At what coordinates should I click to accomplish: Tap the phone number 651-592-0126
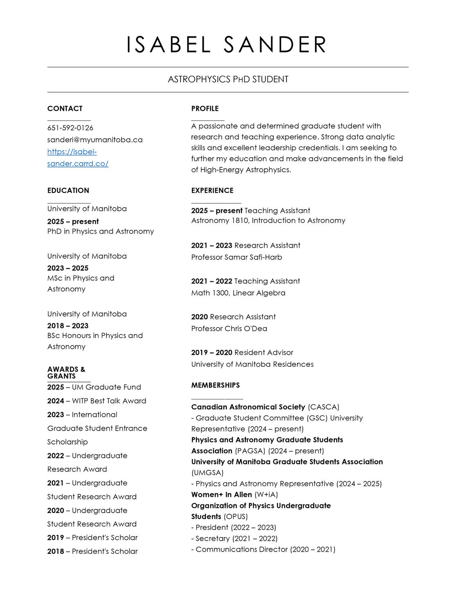pyautogui.click(x=70, y=128)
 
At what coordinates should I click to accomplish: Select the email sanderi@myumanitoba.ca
pyautogui.click(x=95, y=140)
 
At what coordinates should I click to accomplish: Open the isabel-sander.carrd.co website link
pyautogui.click(x=78, y=158)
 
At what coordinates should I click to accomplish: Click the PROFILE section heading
pyautogui.click(x=205, y=108)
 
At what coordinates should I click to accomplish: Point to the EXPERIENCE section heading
pyautogui.click(x=212, y=190)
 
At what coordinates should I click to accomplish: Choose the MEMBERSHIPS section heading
pyautogui.click(x=216, y=385)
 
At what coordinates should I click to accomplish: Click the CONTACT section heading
pyautogui.click(x=65, y=108)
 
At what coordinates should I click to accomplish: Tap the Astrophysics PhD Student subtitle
pyautogui.click(x=228, y=79)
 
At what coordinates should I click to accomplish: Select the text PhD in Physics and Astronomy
pyautogui.click(x=101, y=231)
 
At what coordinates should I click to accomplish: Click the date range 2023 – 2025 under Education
pyautogui.click(x=68, y=268)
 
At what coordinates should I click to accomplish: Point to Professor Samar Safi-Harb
pyautogui.click(x=237, y=257)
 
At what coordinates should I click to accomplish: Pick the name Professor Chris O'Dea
pyautogui.click(x=229, y=328)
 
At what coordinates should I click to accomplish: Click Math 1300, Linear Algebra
pyautogui.click(x=238, y=293)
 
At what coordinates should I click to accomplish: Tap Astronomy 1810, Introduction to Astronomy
pyautogui.click(x=268, y=221)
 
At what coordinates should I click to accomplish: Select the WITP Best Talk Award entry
pyautogui.click(x=109, y=401)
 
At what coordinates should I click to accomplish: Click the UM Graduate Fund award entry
pyautogui.click(x=106, y=387)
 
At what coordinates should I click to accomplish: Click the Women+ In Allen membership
pyautogui.click(x=221, y=494)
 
